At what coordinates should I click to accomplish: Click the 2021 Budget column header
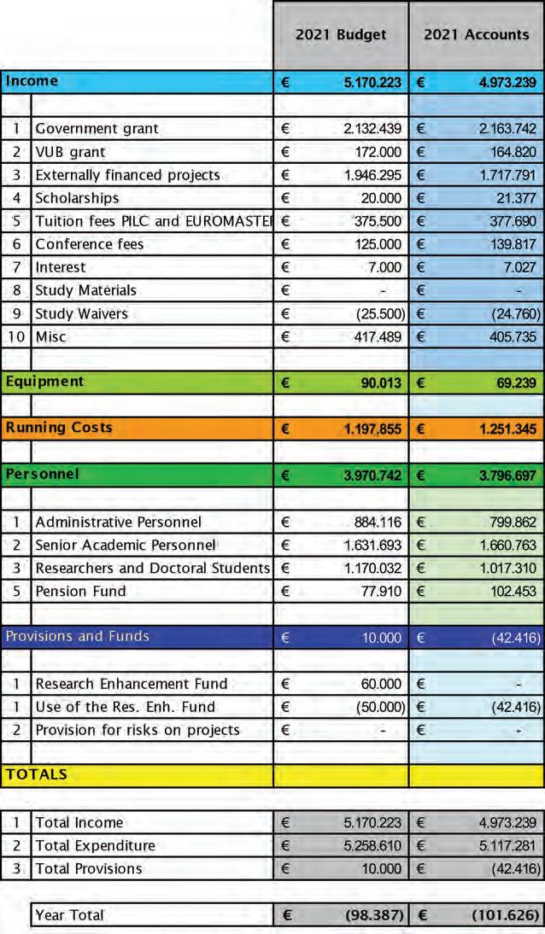pos(341,35)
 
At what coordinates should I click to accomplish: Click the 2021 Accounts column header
pos(477,35)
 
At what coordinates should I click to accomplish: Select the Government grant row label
pos(97,129)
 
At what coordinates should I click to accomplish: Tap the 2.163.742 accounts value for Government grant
pos(501,129)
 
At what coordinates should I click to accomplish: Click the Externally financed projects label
pos(127,175)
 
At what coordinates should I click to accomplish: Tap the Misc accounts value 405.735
pos(508,336)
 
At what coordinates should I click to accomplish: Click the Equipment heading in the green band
pos(44,382)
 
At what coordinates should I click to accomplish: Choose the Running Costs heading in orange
pos(59,428)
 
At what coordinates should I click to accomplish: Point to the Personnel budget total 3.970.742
pos(366,475)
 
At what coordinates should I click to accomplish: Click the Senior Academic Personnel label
pos(126,545)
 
